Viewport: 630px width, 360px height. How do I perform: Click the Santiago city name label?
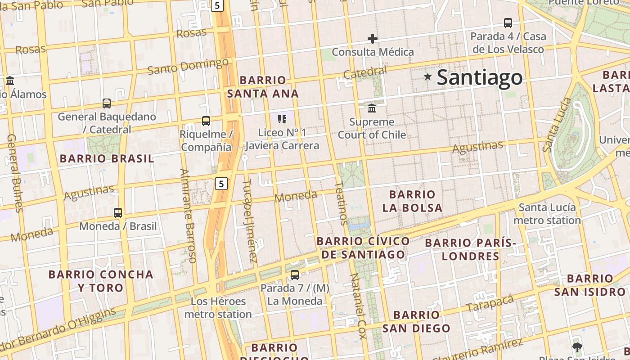(479, 77)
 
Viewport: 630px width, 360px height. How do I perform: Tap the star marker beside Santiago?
(427, 77)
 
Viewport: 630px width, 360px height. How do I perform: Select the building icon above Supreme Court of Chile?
(372, 108)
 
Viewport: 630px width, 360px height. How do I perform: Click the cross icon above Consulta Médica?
(372, 39)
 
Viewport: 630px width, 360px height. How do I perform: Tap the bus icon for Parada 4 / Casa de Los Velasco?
(508, 23)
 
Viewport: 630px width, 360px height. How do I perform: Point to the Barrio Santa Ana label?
(263, 87)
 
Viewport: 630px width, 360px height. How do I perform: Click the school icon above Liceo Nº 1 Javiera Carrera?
(282, 119)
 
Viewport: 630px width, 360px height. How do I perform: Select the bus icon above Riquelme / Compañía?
(206, 121)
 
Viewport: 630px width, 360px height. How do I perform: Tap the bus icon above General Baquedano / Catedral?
(107, 103)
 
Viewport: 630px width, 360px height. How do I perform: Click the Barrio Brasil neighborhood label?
(107, 158)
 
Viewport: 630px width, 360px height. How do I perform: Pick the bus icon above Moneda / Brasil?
(118, 213)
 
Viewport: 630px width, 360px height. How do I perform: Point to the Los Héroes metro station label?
(218, 308)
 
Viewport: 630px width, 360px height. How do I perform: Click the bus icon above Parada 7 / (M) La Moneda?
(295, 275)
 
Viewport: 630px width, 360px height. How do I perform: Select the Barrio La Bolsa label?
(412, 201)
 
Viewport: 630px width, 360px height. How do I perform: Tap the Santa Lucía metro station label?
(547, 214)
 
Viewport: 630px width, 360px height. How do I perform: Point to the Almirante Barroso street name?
(188, 216)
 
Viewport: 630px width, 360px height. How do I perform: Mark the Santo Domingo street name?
(188, 67)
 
